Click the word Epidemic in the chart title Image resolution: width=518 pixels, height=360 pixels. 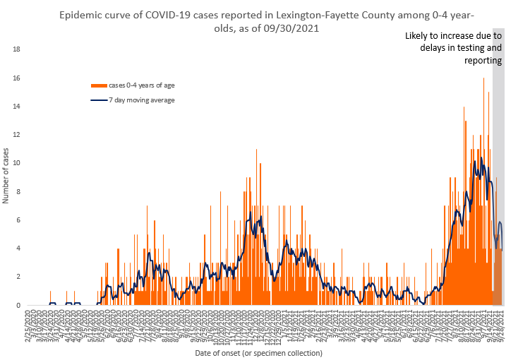coord(82,15)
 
